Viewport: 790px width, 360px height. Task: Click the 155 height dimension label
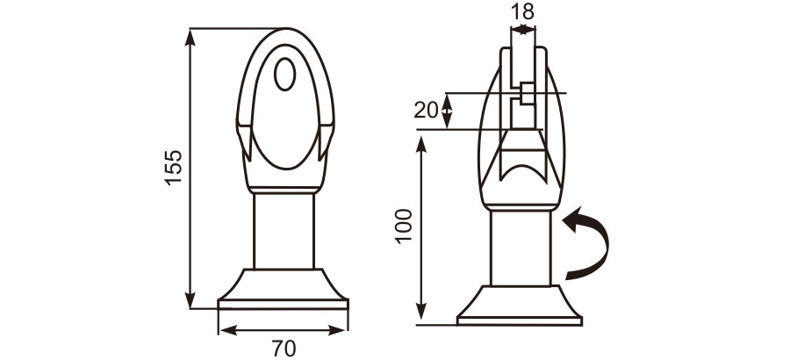tap(173, 167)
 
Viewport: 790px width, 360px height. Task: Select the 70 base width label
tap(283, 348)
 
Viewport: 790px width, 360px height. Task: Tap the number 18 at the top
tap(521, 11)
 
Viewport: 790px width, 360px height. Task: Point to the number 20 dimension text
tap(426, 110)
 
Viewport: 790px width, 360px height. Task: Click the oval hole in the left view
tap(284, 74)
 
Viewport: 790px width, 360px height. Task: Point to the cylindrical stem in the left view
tap(284, 230)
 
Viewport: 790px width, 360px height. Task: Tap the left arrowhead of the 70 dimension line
tap(225, 330)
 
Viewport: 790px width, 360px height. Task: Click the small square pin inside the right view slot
tap(526, 93)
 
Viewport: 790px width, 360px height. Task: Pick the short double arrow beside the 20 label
tap(448, 111)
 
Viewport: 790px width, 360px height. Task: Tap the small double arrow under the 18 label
tap(522, 30)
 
